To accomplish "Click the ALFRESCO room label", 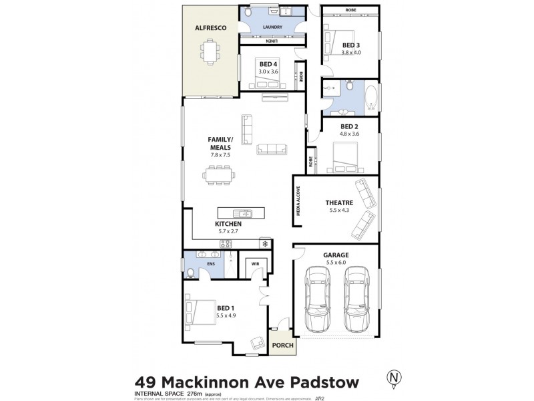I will point(208,29).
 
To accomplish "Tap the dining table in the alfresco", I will point(211,50).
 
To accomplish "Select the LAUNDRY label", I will point(272,27).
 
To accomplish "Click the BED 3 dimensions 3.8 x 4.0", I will point(350,52).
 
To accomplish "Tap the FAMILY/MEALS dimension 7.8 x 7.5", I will point(219,154).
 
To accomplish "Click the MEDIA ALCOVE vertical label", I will point(299,201).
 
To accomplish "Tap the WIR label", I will point(255,264).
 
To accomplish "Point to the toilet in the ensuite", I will point(192,272).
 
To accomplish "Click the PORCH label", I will point(280,346).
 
